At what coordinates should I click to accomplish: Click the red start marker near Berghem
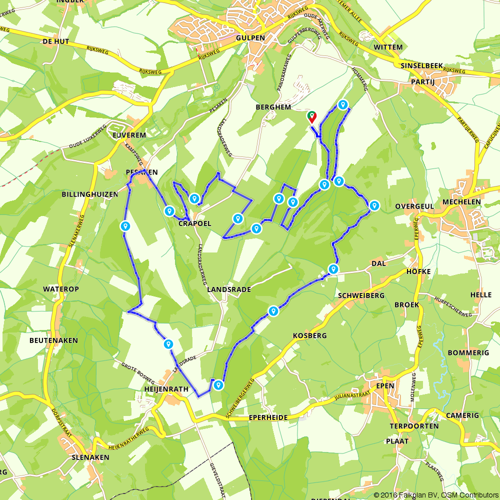point(312,116)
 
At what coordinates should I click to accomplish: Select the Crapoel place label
point(194,223)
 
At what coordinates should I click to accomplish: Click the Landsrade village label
point(228,289)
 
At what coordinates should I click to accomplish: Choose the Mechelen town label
point(461,202)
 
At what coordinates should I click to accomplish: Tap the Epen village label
point(387,385)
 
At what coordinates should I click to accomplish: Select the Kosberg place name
point(309,335)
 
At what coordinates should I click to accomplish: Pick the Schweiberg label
point(361,295)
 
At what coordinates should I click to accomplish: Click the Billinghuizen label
point(89,194)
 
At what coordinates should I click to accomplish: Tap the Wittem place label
point(387,47)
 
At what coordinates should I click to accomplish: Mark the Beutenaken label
point(53,340)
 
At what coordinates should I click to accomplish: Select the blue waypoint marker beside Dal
point(333,269)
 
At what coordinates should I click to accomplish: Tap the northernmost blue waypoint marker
point(342,104)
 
